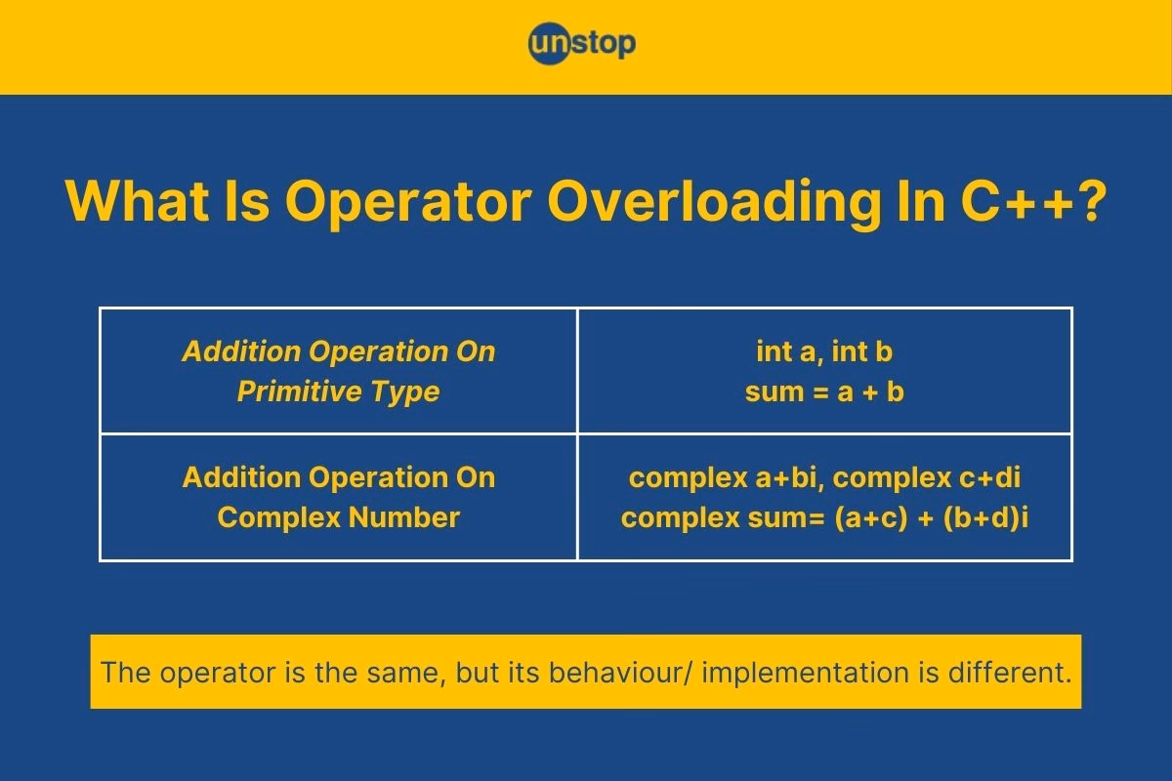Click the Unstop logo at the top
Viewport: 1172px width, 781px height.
pyautogui.click(x=582, y=44)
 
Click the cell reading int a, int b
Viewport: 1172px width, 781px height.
pyautogui.click(x=824, y=351)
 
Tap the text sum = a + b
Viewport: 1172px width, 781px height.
pyautogui.click(x=824, y=391)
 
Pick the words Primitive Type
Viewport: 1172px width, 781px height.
pyautogui.click(x=338, y=391)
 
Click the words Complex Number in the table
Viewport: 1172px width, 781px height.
pyautogui.click(x=338, y=517)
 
